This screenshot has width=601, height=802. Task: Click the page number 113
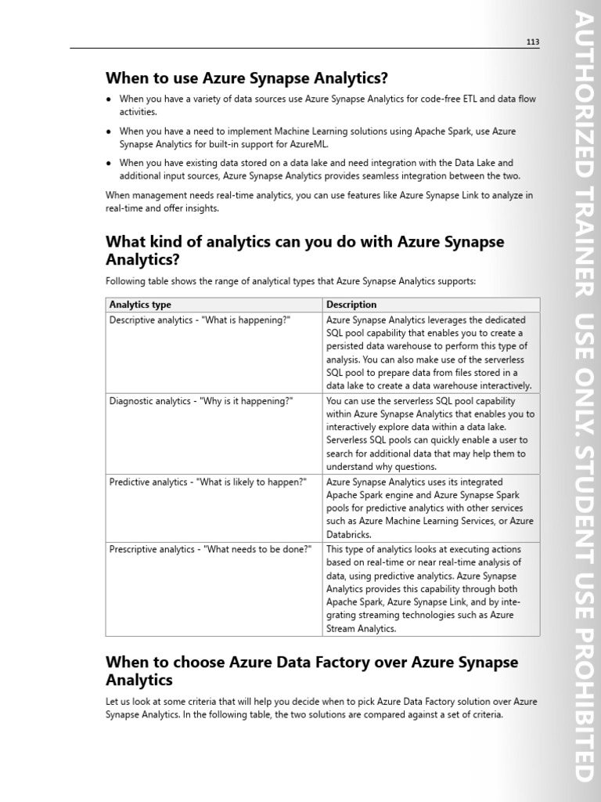click(532, 42)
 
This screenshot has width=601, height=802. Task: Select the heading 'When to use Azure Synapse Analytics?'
click(247, 78)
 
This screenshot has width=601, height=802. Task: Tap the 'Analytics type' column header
click(140, 305)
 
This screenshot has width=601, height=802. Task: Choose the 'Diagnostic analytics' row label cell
click(201, 401)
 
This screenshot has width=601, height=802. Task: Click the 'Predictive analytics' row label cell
click(207, 482)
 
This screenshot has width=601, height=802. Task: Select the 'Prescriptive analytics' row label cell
click(211, 549)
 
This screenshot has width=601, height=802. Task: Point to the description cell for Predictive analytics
click(430, 508)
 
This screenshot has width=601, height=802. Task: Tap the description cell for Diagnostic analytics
click(430, 433)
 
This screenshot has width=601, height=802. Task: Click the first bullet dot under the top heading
click(109, 99)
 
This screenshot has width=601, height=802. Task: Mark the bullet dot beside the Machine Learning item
click(109, 132)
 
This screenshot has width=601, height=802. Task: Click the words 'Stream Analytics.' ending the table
click(362, 628)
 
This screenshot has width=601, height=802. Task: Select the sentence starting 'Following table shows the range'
click(290, 281)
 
